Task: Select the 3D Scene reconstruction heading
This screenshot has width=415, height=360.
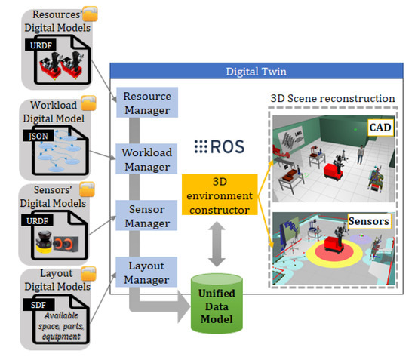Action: pos(332,98)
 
